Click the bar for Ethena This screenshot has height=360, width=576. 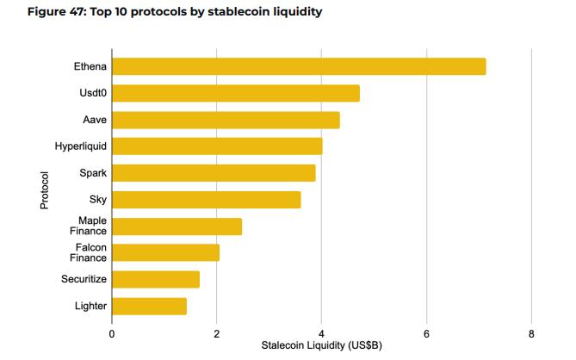coord(299,66)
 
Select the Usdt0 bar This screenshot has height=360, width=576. coord(236,93)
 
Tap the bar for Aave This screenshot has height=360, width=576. coord(226,120)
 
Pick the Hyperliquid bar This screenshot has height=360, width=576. coord(217,146)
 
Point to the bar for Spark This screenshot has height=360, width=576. coord(214,173)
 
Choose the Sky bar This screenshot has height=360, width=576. coord(207,200)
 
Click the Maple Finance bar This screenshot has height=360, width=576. coord(177,227)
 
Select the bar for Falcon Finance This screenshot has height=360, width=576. coord(165,252)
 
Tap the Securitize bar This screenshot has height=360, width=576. coord(156,279)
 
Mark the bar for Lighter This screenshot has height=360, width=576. coord(149,306)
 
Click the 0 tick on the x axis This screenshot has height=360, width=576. coord(112,332)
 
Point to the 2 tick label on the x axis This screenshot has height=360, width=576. coord(217,332)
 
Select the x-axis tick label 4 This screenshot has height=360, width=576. coord(321,332)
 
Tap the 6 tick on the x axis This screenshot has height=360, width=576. coord(426,332)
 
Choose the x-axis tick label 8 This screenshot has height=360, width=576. coord(531,332)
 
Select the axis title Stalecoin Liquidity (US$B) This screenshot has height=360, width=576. coord(321,345)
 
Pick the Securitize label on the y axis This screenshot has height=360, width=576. coord(84,279)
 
